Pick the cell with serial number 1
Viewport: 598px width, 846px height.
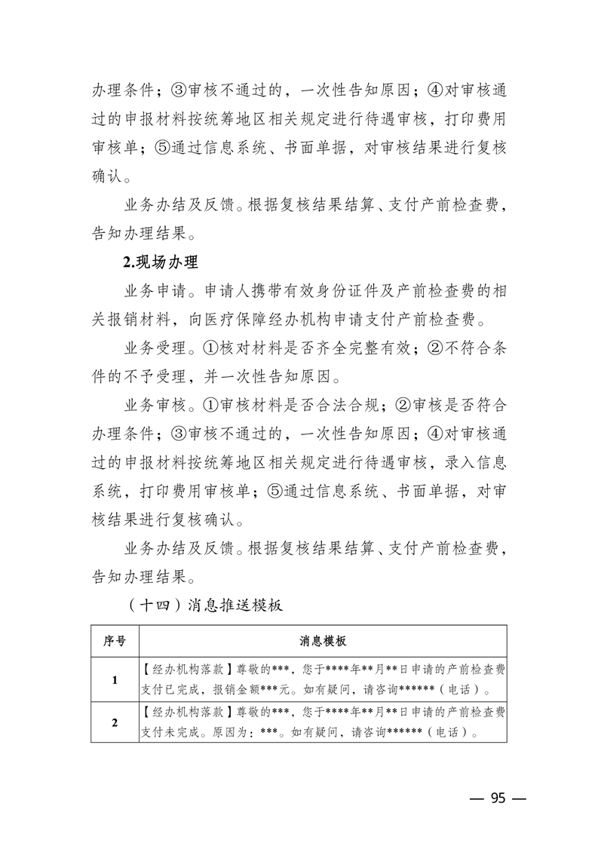click(115, 679)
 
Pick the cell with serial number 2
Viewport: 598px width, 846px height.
click(115, 722)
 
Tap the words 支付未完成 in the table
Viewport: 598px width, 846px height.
click(167, 732)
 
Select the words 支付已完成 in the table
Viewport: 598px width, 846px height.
click(167, 689)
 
